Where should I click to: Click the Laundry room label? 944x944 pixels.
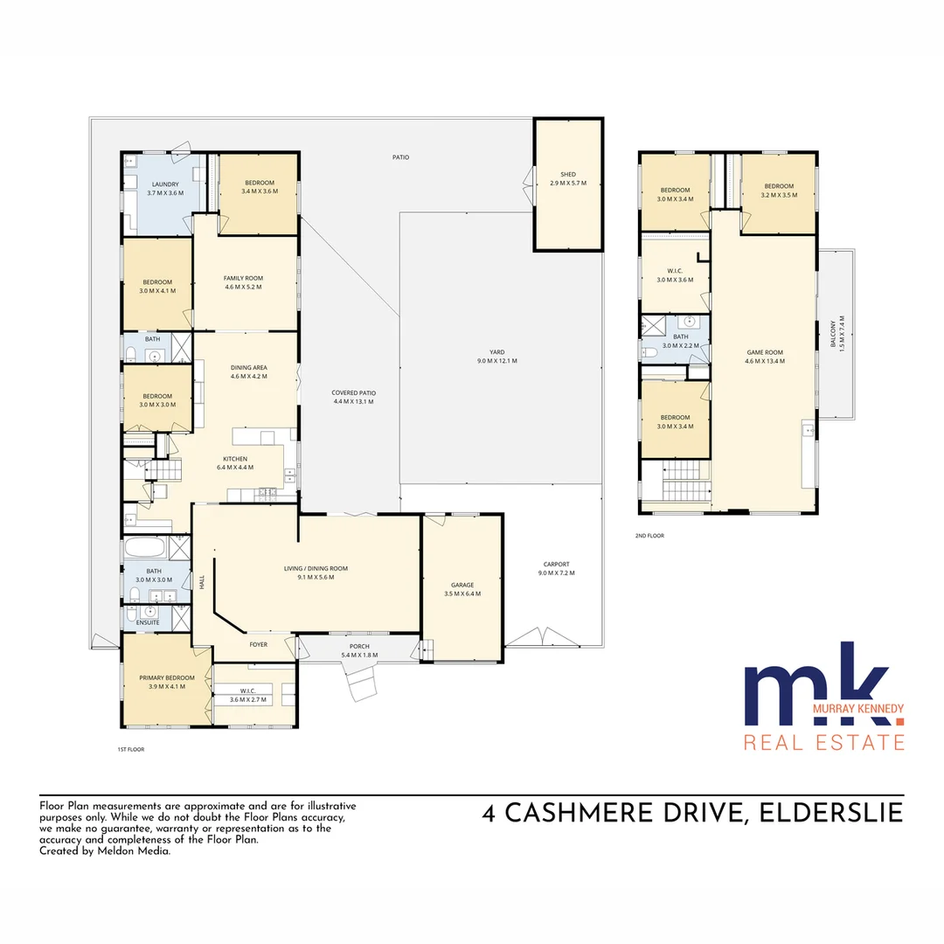pos(165,184)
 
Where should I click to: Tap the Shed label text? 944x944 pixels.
pos(568,174)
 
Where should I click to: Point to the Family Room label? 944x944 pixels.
pos(243,278)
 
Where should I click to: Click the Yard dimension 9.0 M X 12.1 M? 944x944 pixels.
pos(496,361)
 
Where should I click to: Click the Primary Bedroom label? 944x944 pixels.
pos(167,677)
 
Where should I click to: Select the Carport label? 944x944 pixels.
pos(557,565)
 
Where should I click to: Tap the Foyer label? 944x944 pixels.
pos(259,646)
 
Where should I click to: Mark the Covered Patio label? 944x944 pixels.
pos(352,392)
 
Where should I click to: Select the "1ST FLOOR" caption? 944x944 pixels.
pos(130,750)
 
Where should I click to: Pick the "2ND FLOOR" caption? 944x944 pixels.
pos(649,536)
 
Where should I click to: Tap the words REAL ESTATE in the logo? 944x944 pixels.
pos(823,743)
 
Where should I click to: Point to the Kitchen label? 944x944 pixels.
pos(235,459)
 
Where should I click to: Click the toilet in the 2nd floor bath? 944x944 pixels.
pos(650,352)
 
